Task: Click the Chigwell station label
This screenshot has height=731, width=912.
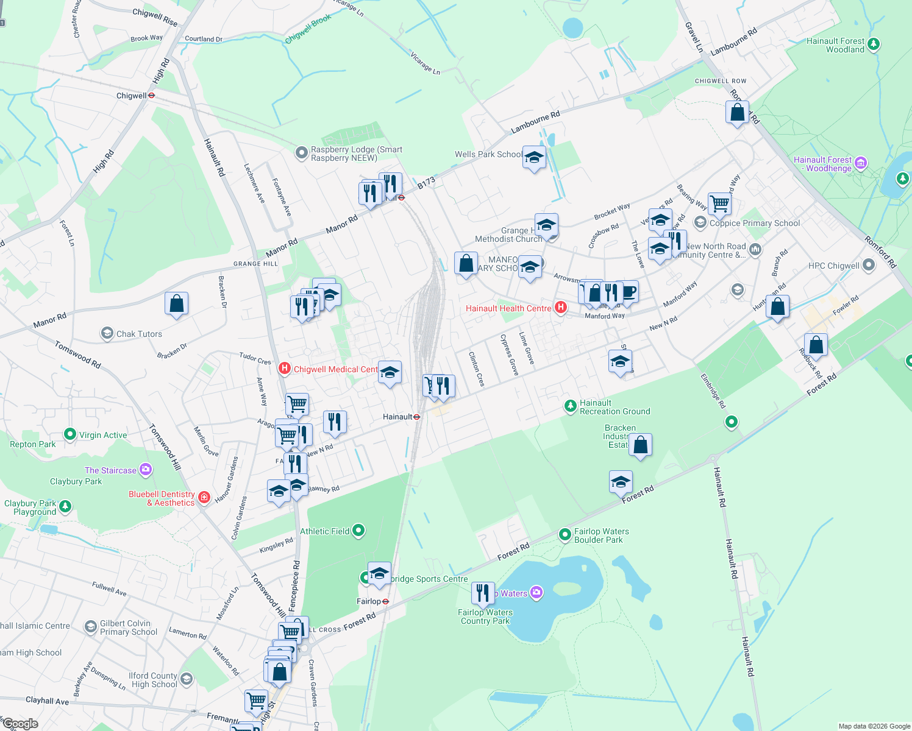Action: pyautogui.click(x=132, y=96)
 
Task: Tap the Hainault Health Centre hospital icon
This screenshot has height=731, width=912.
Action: pyautogui.click(x=560, y=308)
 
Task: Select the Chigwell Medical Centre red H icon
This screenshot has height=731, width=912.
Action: pyautogui.click(x=284, y=369)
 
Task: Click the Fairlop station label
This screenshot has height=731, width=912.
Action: pyautogui.click(x=369, y=601)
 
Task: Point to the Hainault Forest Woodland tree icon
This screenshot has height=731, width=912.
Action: pyautogui.click(x=874, y=44)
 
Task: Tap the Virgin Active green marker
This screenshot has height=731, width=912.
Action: pyautogui.click(x=70, y=434)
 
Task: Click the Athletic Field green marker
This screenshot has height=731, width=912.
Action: pyautogui.click(x=358, y=531)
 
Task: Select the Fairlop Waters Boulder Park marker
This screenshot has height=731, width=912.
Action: pyautogui.click(x=565, y=534)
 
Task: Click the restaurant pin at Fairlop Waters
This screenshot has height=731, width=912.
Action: pyautogui.click(x=482, y=593)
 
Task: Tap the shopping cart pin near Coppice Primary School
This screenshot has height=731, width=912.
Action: pyautogui.click(x=720, y=203)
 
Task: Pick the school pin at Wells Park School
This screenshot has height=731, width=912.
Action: pyautogui.click(x=534, y=158)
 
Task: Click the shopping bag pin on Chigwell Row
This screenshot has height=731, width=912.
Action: pyautogui.click(x=737, y=113)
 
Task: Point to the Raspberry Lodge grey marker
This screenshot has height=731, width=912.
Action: pyautogui.click(x=301, y=152)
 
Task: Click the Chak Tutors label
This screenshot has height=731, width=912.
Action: pyautogui.click(x=139, y=334)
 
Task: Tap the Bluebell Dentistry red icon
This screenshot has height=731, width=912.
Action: pyautogui.click(x=204, y=498)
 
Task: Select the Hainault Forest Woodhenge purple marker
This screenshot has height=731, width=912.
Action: pyautogui.click(x=861, y=162)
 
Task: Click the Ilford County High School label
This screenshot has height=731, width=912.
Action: pyautogui.click(x=152, y=680)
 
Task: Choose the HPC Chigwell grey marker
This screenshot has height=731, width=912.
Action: pyautogui.click(x=869, y=265)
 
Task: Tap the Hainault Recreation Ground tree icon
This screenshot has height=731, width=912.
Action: pyautogui.click(x=570, y=406)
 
